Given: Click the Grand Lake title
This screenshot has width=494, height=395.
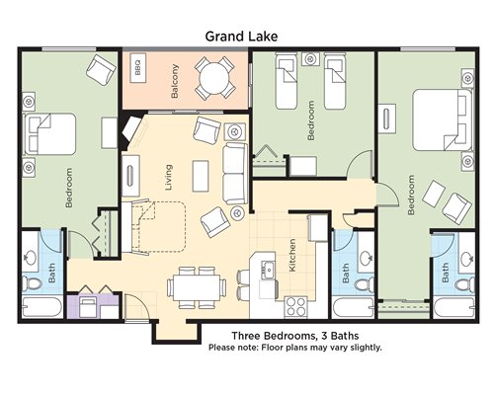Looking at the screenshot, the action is tap(241, 37).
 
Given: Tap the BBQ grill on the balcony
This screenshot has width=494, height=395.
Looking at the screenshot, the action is tap(138, 67).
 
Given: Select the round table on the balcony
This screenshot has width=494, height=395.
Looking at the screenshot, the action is tap(214, 78).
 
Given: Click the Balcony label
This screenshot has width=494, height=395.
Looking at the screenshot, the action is tap(175, 81).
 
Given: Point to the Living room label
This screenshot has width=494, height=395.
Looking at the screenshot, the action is tap(168, 178).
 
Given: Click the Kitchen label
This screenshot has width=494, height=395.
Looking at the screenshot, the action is tap(292, 256).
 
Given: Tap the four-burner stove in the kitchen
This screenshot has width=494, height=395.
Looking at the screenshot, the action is tap(295, 307).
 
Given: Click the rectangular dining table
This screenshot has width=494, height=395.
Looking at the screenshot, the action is tap(197, 287).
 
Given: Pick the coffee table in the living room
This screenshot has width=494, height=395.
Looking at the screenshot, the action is tap(201, 176).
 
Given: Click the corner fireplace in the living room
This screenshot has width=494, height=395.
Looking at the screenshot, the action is tap(131, 129).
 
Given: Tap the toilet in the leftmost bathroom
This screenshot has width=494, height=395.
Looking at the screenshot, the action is tap(32, 283).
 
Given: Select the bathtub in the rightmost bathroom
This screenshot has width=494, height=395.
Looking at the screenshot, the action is tap(453, 308).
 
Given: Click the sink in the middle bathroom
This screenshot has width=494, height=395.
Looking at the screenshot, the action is tap(366, 258).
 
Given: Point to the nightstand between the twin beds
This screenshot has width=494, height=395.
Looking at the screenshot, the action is tap(310, 59).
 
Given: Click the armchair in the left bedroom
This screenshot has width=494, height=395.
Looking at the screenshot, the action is tap(101, 69).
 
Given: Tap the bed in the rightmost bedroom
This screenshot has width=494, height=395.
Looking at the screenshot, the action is tap(442, 120).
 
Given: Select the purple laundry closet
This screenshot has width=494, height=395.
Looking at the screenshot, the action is tap(93, 307).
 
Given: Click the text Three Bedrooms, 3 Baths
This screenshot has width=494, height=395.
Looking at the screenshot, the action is tap(295, 336).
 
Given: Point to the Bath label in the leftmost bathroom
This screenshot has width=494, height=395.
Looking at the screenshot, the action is tap(52, 273).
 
